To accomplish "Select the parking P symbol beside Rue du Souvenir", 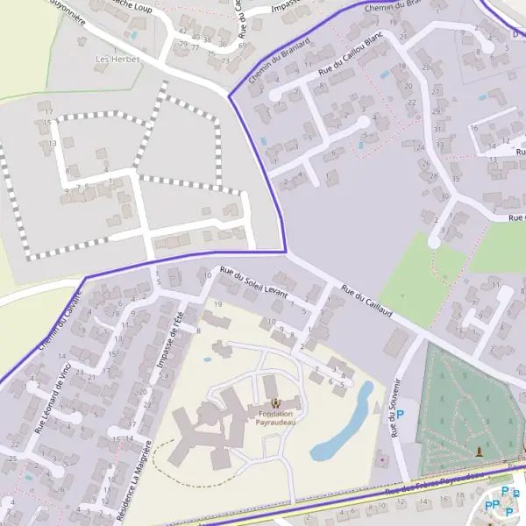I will tap(402, 415).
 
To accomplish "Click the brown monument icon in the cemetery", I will tap(479, 451).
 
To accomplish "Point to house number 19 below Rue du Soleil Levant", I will tap(218, 303).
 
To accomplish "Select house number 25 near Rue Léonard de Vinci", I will tap(12, 458).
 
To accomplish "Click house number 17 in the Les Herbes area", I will tap(49, 111).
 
